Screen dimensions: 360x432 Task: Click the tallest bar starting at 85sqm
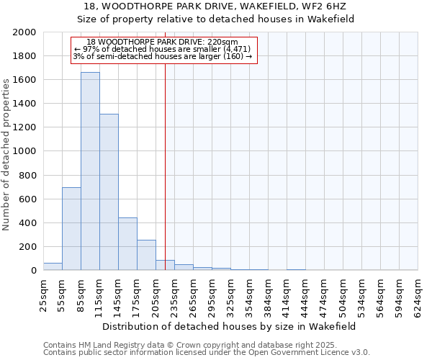90,171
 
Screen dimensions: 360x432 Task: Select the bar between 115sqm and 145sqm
109,192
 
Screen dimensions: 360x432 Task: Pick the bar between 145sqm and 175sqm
127,244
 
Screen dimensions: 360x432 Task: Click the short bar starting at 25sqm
53,266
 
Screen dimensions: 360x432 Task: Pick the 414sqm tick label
287,294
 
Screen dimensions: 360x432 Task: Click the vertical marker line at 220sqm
165,158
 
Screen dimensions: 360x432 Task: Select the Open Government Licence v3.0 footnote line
207,353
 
